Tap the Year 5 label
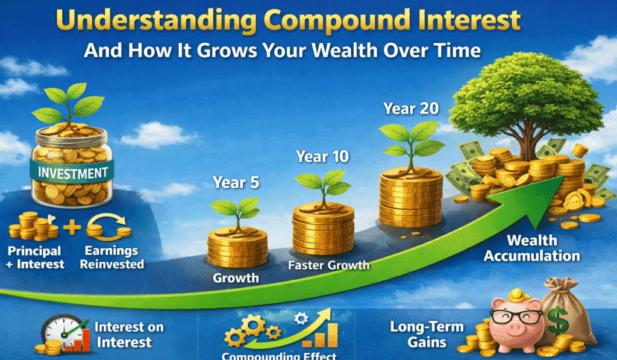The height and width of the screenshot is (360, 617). [236, 182]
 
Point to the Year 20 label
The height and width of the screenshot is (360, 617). [412, 109]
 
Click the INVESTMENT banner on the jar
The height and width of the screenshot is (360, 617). [73, 173]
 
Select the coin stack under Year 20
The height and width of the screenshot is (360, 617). [410, 199]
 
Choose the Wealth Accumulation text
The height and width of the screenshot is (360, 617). [532, 248]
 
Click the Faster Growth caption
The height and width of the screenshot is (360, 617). [328, 265]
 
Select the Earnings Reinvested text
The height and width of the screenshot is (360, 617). [112, 257]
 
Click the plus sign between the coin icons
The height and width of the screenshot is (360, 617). [72, 228]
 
